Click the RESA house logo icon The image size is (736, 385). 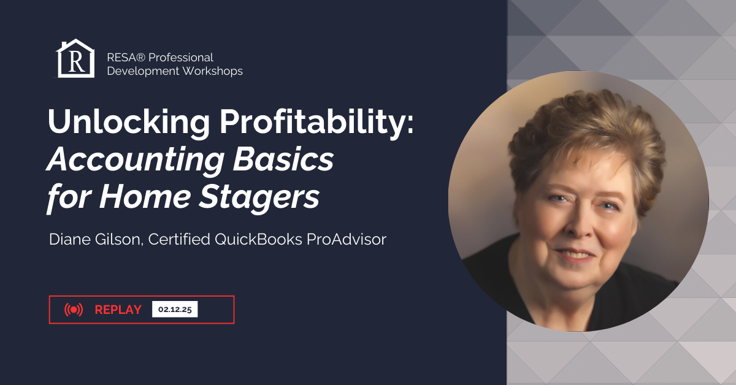tap(75, 59)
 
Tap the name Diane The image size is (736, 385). tap(67, 240)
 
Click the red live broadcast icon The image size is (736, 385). tap(74, 310)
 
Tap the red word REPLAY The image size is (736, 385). tap(118, 310)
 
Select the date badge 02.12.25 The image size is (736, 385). tap(175, 310)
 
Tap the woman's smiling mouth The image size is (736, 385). tap(573, 253)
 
